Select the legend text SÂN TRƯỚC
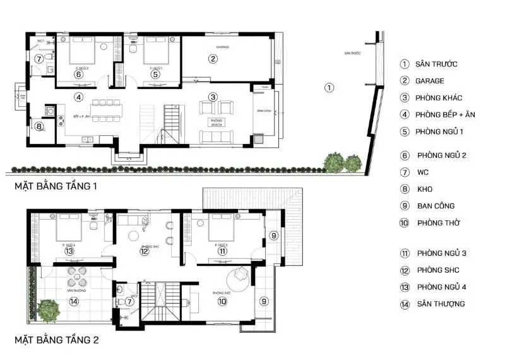[x=436, y=64]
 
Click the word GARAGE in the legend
[x=429, y=81]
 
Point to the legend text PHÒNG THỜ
[x=437, y=222]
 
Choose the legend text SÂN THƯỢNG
[x=441, y=304]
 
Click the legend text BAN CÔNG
[x=436, y=206]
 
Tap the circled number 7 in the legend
[x=405, y=172]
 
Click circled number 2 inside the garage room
[x=213, y=59]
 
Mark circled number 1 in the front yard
[x=328, y=87]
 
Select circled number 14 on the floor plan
[x=74, y=301]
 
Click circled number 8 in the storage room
[x=39, y=126]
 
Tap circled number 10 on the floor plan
[x=222, y=302]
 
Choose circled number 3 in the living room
[x=213, y=97]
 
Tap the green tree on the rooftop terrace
[x=47, y=309]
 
